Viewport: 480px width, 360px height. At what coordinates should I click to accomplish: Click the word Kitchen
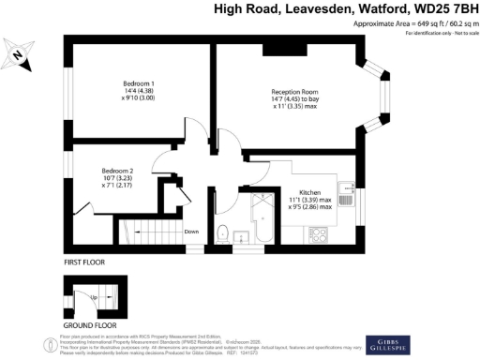pos(311,191)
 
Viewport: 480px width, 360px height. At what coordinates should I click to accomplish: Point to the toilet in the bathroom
pos(222,232)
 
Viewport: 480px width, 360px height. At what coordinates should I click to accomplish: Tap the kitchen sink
pos(345,196)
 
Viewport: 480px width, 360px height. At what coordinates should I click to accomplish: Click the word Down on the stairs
pos(191,232)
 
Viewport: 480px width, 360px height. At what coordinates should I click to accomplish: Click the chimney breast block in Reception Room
pos(278,49)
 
